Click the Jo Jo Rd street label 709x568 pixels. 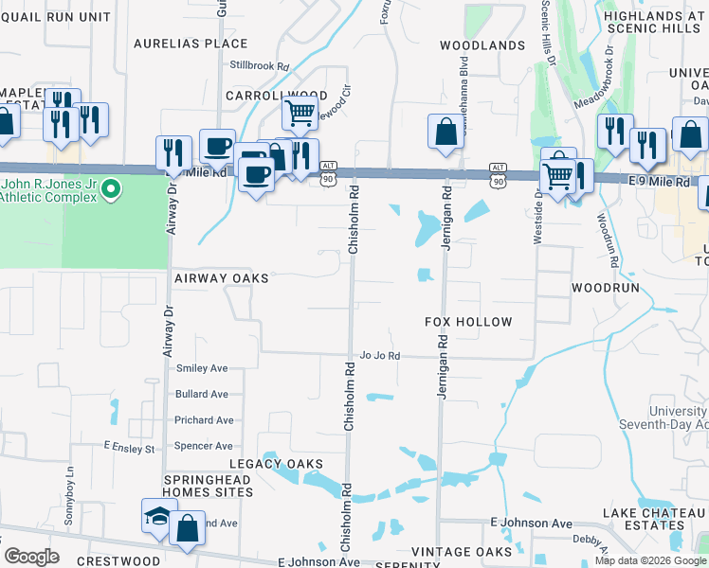tap(380, 356)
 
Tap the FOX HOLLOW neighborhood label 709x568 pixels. tap(468, 323)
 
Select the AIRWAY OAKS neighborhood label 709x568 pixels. tap(222, 279)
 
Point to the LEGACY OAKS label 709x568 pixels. tap(276, 464)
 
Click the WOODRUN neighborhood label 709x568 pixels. tap(607, 287)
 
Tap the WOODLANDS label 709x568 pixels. tap(483, 45)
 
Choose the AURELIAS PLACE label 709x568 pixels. tap(191, 44)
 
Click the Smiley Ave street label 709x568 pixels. tap(202, 368)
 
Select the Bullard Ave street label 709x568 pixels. tap(202, 394)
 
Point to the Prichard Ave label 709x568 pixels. tap(204, 420)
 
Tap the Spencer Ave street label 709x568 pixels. tap(204, 446)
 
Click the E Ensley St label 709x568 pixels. tap(129, 446)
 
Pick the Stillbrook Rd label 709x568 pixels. tap(259, 66)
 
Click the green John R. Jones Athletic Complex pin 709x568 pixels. tap(111, 190)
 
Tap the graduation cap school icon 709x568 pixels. tap(159, 517)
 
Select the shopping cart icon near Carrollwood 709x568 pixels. tap(300, 115)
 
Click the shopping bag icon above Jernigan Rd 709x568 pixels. tap(445, 133)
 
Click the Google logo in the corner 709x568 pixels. tap(31, 557)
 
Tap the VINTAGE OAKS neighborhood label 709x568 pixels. tap(462, 552)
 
